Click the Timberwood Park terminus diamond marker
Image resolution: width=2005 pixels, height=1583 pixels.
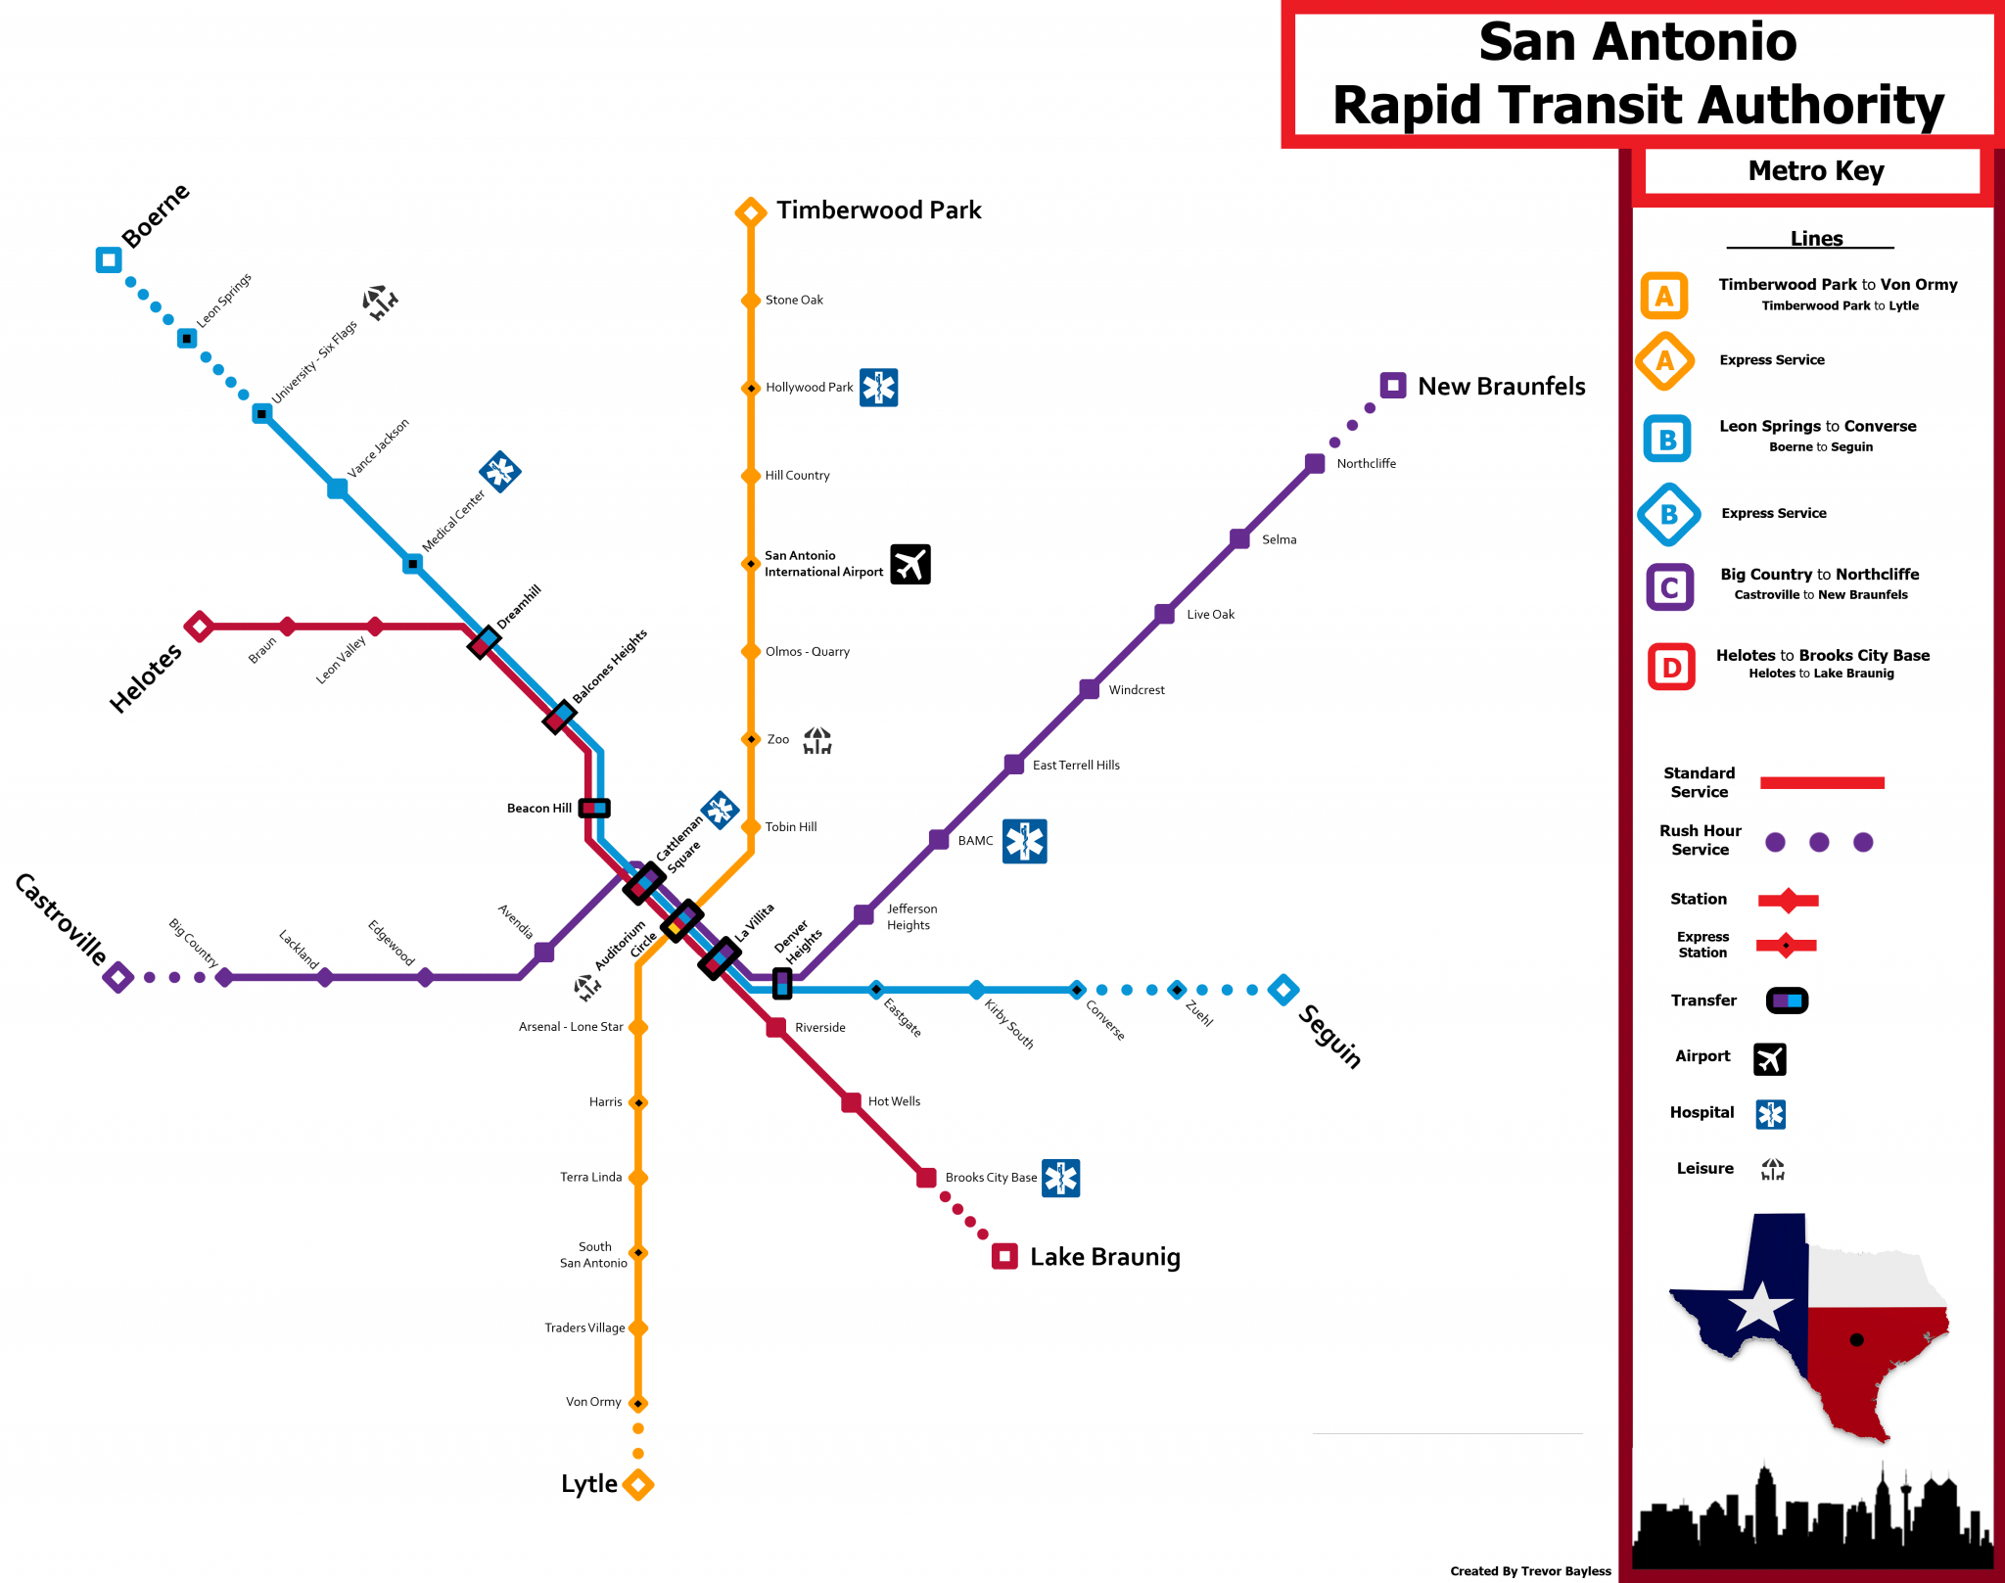[x=751, y=211]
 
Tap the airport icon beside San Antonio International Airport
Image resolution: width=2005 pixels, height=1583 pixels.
[x=910, y=564]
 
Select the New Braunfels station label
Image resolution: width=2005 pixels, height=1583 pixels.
[x=1501, y=387]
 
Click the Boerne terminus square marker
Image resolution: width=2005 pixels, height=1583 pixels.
[x=109, y=260]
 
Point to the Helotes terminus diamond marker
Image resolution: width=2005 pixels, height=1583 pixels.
[x=200, y=627]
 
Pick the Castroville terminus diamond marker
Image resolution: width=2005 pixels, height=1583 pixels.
[x=118, y=977]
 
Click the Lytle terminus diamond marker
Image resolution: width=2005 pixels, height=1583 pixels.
[x=638, y=1484]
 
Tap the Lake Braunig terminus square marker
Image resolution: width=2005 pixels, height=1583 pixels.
[x=1004, y=1256]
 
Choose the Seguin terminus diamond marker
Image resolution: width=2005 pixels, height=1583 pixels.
[x=1283, y=990]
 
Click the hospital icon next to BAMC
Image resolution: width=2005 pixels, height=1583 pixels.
[x=1025, y=841]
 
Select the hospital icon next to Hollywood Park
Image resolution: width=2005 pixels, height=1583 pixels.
[x=879, y=388]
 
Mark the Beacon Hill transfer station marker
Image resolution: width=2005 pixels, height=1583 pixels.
[x=594, y=808]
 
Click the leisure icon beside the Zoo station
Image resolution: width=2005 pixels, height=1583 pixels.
[x=817, y=741]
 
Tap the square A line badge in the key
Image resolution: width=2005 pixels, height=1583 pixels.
[x=1664, y=296]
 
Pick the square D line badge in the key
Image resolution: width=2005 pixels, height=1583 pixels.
[x=1671, y=668]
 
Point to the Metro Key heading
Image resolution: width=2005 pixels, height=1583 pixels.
[x=1816, y=171]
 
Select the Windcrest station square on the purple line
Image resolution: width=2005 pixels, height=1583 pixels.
[x=1090, y=689]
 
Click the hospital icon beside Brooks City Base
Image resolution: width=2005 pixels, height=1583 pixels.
[x=1061, y=1178]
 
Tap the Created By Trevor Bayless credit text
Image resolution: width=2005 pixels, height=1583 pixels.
[x=1530, y=1571]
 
